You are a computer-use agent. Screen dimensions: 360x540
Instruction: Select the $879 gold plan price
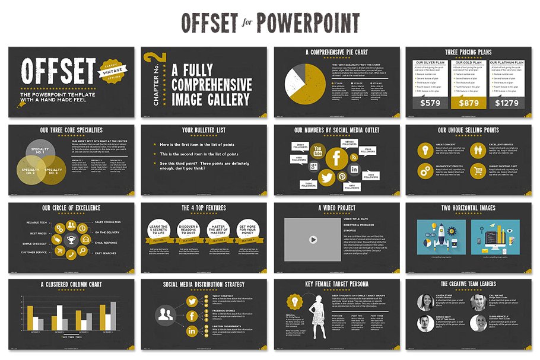click(468, 103)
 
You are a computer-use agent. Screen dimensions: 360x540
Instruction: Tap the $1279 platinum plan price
click(507, 103)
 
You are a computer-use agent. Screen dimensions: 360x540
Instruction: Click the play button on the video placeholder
click(312, 240)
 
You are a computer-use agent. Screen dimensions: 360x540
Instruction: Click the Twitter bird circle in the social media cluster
click(326, 176)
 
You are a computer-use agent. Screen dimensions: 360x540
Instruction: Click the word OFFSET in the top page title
click(209, 23)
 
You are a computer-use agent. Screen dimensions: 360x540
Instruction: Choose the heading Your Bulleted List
click(203, 130)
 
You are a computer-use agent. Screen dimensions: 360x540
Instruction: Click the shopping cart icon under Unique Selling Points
click(478, 171)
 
